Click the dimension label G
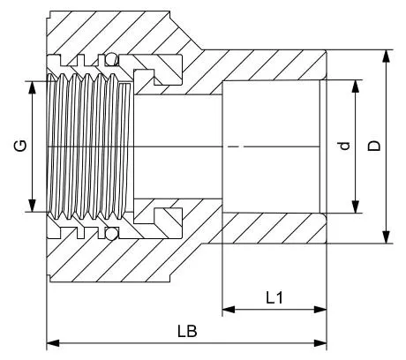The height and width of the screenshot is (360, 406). coord(21,146)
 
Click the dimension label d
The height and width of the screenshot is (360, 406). coord(344,146)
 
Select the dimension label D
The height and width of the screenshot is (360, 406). coord(374,146)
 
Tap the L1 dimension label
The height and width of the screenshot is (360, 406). coord(274,298)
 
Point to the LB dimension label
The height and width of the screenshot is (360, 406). coord(187,331)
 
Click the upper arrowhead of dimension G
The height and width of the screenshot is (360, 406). coord(32,87)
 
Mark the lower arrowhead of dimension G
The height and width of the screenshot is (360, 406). coord(32,206)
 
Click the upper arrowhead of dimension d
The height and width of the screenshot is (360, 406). coord(356,86)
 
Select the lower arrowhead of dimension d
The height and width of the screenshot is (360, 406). coord(356,206)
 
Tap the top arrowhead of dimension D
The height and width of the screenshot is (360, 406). coord(386,56)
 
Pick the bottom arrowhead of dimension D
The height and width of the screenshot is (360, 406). coord(386,237)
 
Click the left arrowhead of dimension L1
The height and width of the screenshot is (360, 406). coord(229,310)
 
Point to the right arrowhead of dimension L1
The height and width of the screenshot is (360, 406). coord(320,310)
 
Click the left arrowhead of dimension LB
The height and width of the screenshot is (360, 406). coord(53,343)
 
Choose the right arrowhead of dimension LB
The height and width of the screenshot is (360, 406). coord(320,343)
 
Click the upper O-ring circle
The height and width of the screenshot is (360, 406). coord(112,59)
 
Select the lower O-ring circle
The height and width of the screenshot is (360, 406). coord(112,233)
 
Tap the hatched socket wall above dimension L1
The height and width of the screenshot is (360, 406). coord(274,229)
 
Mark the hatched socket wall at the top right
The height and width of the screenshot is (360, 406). coord(274,64)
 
